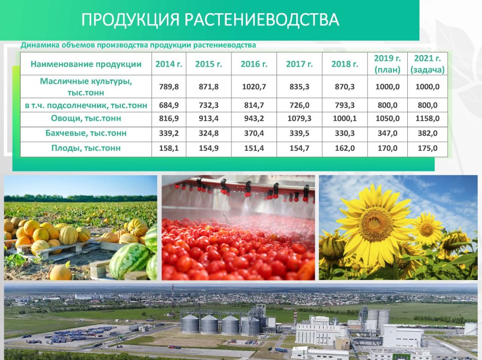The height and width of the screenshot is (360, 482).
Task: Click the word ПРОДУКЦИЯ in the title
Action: tap(130, 20)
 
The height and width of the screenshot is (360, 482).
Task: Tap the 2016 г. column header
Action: tap(254, 64)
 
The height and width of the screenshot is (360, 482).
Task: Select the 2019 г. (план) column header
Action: tap(387, 64)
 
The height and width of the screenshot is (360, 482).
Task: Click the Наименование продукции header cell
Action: tap(86, 64)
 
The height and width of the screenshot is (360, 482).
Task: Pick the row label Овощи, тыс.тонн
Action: tap(86, 118)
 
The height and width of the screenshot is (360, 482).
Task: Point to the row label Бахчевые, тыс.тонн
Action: tap(86, 133)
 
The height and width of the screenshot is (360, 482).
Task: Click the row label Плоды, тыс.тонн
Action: tap(86, 148)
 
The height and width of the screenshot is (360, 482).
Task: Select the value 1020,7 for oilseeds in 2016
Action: tap(254, 87)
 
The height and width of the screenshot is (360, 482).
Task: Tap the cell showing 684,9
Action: tap(169, 105)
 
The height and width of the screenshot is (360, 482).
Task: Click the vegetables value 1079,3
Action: tap(299, 118)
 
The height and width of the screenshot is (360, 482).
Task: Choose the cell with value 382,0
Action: tap(427, 133)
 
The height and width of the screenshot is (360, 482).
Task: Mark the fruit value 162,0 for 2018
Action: tap(345, 148)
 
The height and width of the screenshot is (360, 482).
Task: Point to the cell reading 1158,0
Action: tap(427, 118)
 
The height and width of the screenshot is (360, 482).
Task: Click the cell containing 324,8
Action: tap(208, 133)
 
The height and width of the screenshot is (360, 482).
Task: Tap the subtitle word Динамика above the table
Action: tap(40, 45)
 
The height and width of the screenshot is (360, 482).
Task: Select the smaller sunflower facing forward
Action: tap(427, 228)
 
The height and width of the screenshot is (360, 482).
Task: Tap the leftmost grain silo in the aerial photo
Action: tap(190, 324)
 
